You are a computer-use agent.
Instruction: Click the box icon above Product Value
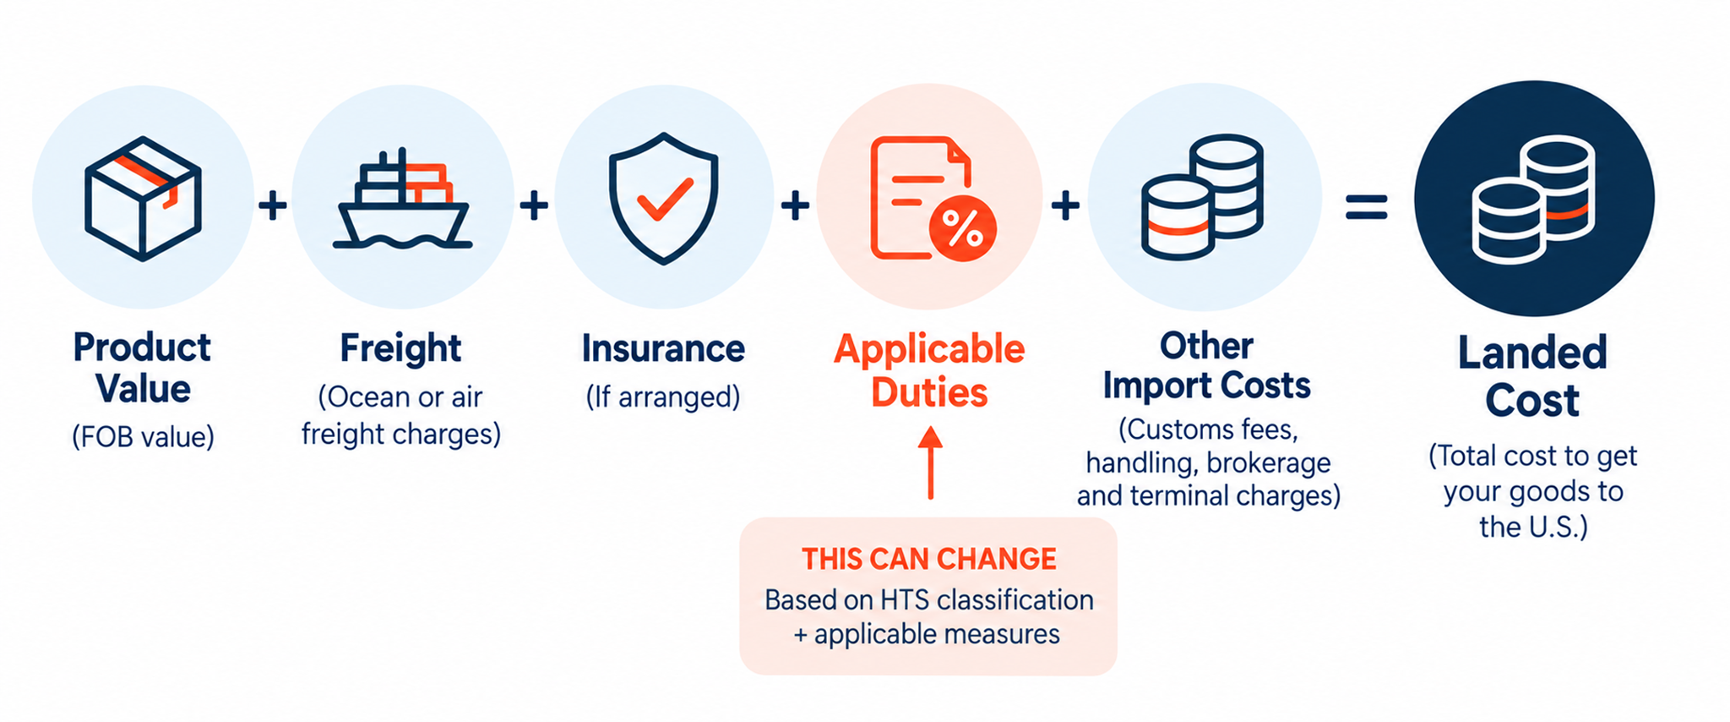coord(143,198)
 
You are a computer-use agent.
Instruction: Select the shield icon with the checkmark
coord(664,198)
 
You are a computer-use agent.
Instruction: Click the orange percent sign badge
coord(962,227)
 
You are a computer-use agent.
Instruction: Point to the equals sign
coord(1366,207)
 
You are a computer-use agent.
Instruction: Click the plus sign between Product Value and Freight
coord(273,205)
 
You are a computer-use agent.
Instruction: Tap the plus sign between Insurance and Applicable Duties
coord(795,205)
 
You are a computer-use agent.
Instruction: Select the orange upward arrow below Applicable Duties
coord(930,462)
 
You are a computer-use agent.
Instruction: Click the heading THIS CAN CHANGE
coord(929,559)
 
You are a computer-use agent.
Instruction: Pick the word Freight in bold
coord(401,348)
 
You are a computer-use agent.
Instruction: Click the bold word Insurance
coord(663,348)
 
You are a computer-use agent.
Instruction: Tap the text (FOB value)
coord(143,437)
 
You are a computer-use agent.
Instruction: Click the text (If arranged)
coord(663,397)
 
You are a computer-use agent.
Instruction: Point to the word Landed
coord(1532,353)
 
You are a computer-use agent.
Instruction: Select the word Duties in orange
coord(929,393)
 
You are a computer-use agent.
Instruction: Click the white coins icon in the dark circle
coord(1533,200)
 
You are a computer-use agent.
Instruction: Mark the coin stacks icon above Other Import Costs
coord(1202,198)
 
